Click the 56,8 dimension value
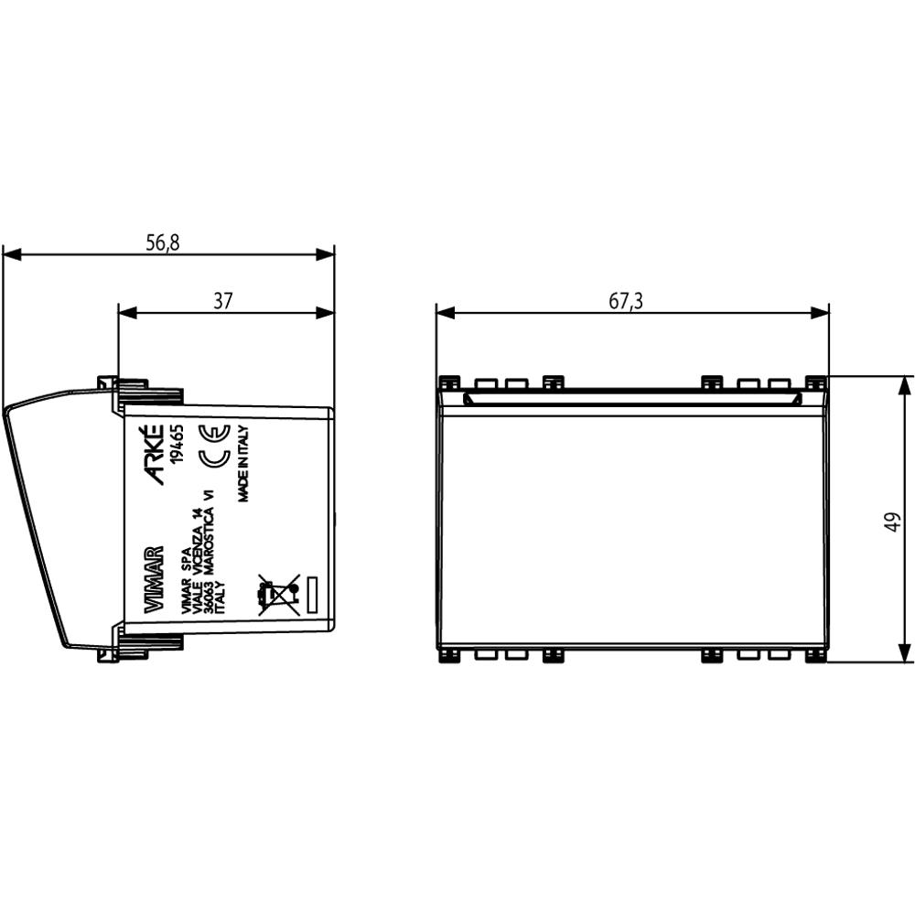[163, 242]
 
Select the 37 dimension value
[223, 301]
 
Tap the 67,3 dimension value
[626, 301]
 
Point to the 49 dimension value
[893, 522]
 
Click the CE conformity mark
[215, 447]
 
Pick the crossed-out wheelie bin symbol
[278, 595]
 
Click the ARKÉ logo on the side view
[153, 455]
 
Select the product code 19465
[177, 444]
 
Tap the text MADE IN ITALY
[244, 463]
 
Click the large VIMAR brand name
[154, 580]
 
